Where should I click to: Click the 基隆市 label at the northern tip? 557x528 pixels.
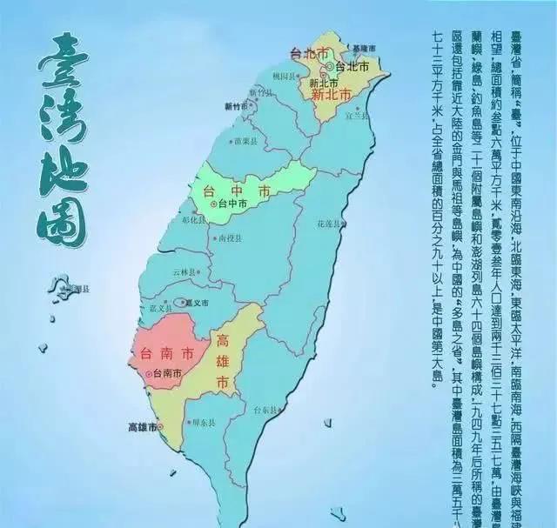pyautogui.click(x=365, y=47)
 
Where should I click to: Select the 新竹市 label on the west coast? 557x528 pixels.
pyautogui.click(x=237, y=106)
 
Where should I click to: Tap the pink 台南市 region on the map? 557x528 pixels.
pyautogui.click(x=170, y=348)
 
